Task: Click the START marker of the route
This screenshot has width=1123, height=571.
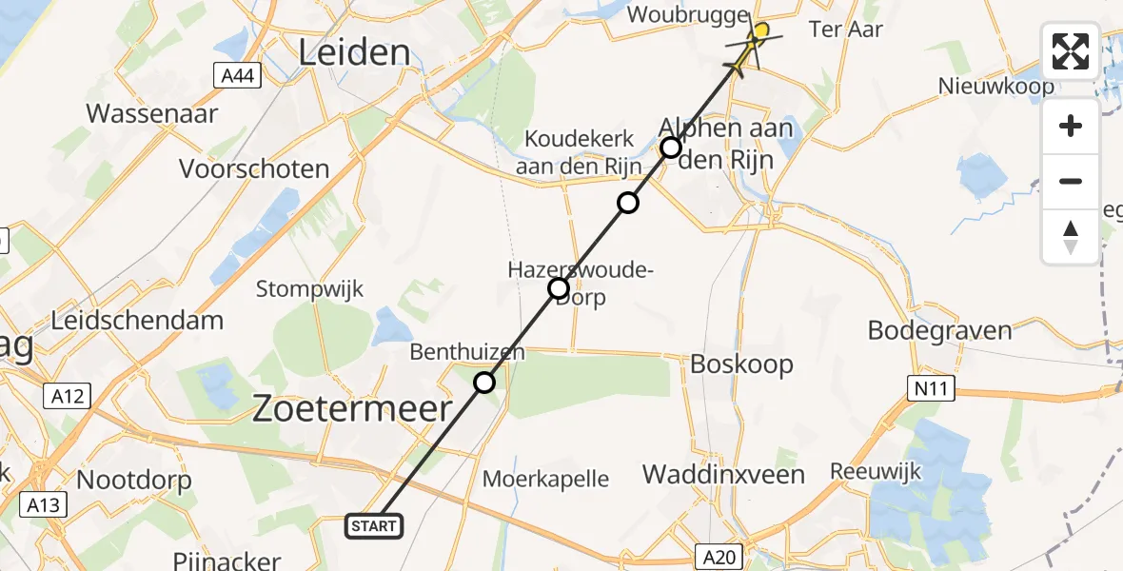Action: [x=374, y=526]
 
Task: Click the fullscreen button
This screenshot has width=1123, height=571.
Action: [x=1071, y=51]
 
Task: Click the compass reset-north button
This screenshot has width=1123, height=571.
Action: [x=1071, y=237]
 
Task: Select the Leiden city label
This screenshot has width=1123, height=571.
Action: [x=355, y=53]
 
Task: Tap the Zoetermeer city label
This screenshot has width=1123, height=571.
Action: [x=352, y=409]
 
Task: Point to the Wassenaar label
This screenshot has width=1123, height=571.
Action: [x=152, y=114]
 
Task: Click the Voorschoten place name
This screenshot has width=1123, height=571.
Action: [x=254, y=169]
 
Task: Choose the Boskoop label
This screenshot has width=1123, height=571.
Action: [x=741, y=364]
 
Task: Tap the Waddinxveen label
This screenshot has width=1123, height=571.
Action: [x=723, y=474]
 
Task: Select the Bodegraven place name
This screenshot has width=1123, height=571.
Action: [x=939, y=330]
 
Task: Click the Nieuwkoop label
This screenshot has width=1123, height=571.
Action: [x=996, y=87]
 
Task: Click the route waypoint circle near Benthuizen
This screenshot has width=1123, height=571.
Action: [x=484, y=383]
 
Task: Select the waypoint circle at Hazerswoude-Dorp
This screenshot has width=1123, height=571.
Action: [x=559, y=288]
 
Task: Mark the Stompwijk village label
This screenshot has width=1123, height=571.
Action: [x=310, y=289]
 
